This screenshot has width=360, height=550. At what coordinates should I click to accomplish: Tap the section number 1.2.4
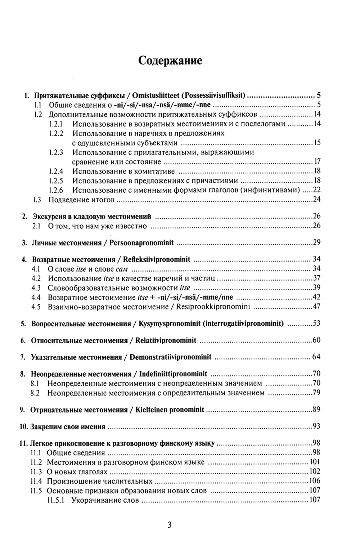pos(56,171)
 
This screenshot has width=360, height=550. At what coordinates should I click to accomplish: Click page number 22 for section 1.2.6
pos(317,190)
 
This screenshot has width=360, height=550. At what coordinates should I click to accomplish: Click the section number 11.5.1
pos(55,500)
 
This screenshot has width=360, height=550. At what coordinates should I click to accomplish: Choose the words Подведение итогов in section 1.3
pos(81,200)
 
